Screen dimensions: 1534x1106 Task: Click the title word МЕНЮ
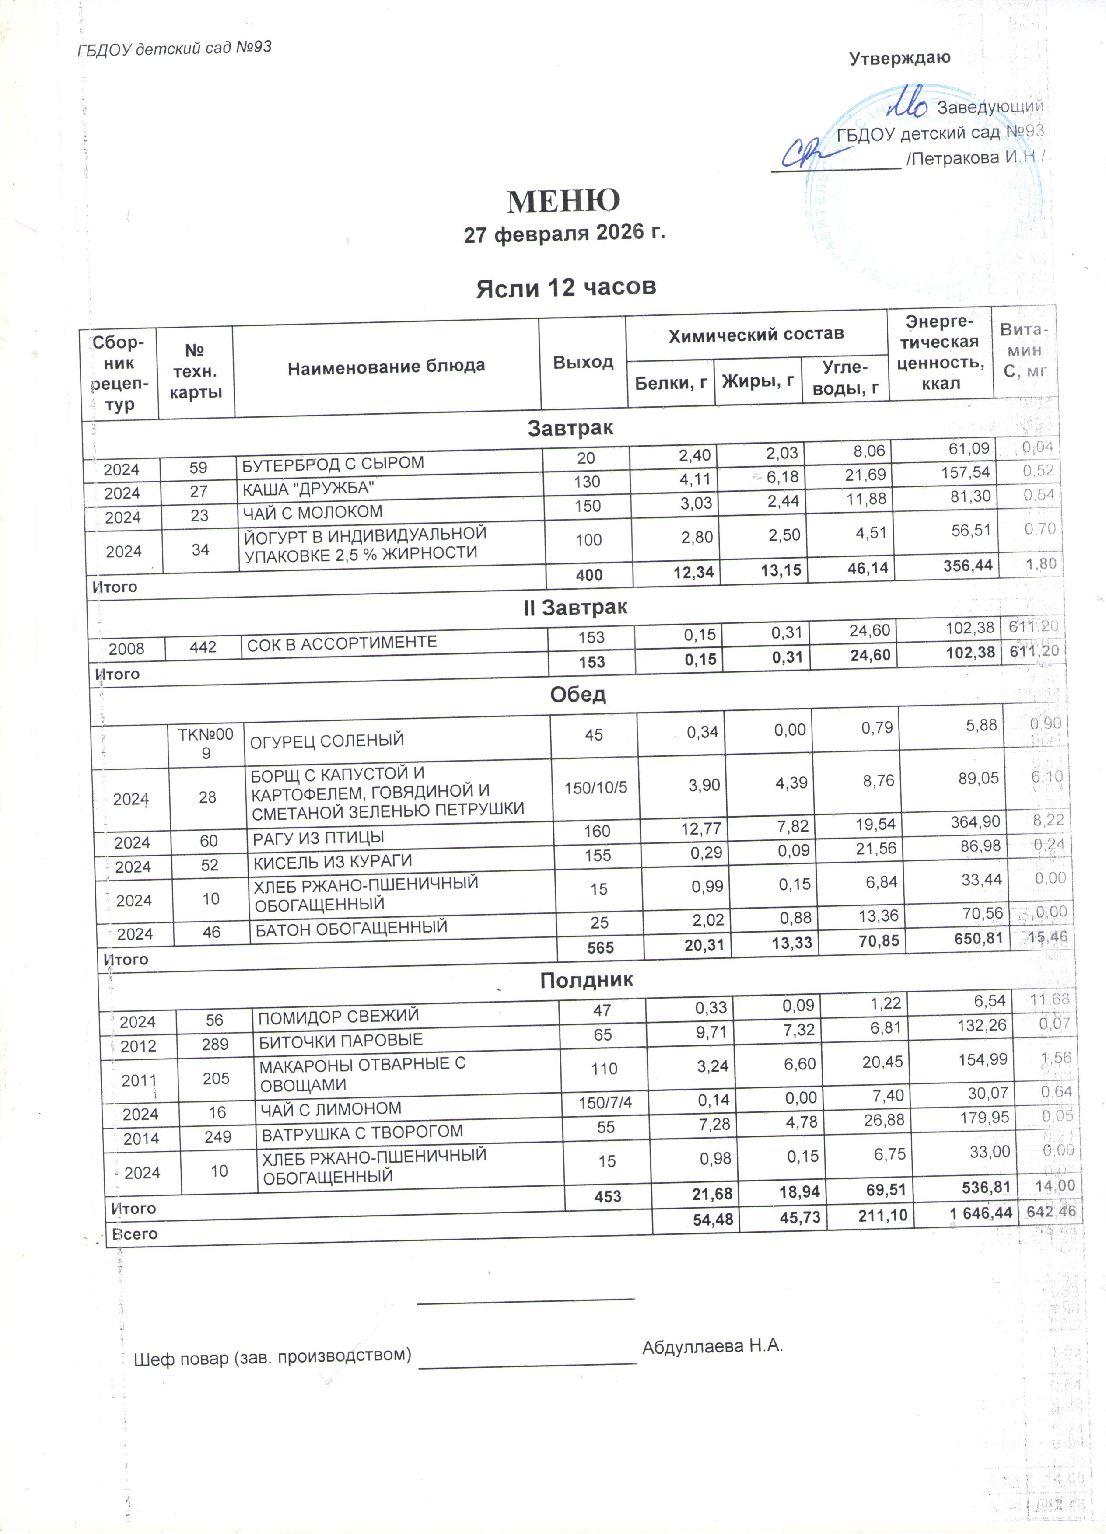tap(563, 201)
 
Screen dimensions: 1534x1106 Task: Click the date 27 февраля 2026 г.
tap(564, 234)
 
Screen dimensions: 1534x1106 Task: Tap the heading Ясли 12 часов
tap(566, 287)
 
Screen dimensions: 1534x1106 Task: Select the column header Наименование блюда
tap(386, 367)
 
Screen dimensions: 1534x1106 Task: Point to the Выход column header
tap(583, 363)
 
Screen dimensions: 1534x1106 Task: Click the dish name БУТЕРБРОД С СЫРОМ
tap(333, 463)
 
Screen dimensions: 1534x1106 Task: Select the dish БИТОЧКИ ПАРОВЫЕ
tap(341, 1040)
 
